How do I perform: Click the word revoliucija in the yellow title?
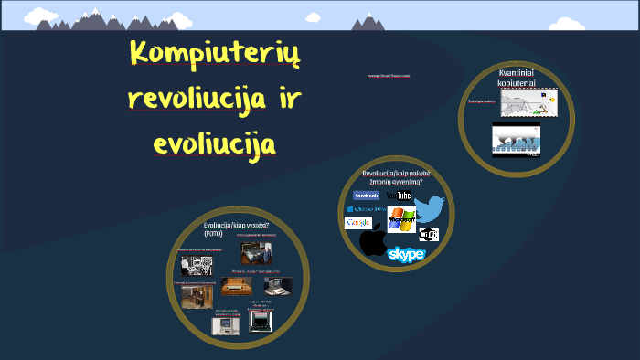(x=190, y=98)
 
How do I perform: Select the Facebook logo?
(x=366, y=195)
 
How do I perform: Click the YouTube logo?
(x=400, y=196)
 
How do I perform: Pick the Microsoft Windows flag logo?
(x=401, y=220)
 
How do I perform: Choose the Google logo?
(x=357, y=223)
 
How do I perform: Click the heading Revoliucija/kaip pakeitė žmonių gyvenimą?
(x=396, y=178)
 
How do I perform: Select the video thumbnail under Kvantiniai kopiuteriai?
(x=516, y=140)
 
